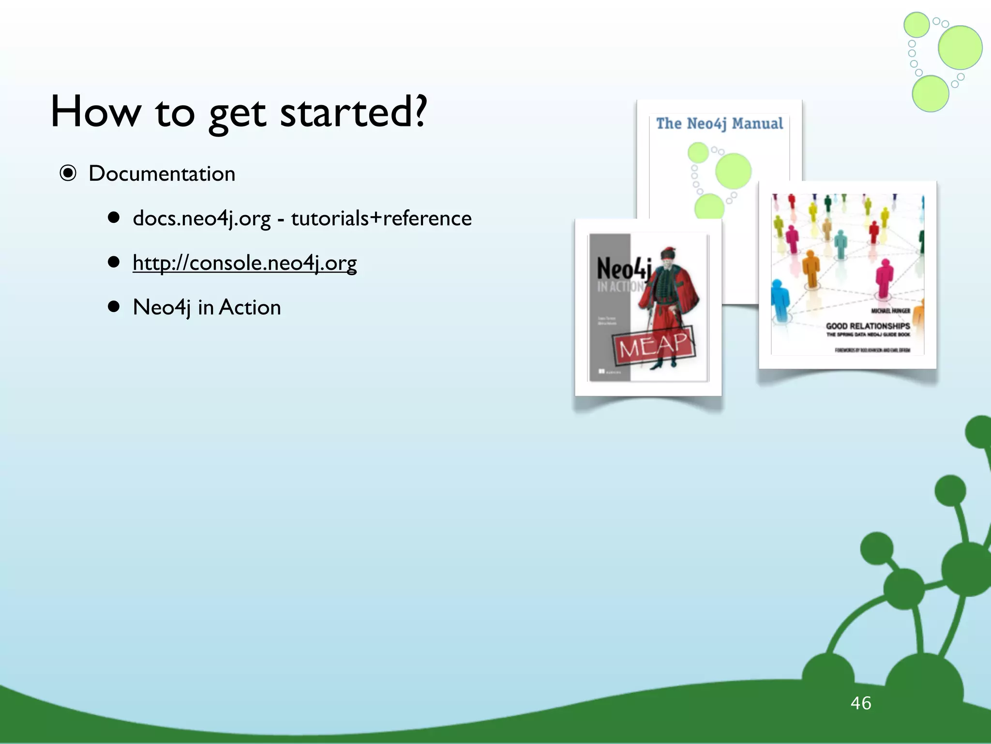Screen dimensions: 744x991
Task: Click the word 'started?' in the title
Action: pyautogui.click(x=354, y=112)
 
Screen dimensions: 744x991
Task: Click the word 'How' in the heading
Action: pyautogui.click(x=95, y=112)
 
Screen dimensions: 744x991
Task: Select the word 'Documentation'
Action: pyautogui.click(x=162, y=174)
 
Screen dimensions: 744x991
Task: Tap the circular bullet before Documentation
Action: pyautogui.click(x=68, y=173)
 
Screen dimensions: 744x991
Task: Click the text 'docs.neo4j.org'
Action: pyautogui.click(x=201, y=218)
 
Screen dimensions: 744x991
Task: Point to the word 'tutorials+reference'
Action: pyautogui.click(x=381, y=218)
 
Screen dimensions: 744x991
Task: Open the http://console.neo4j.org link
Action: pyautogui.click(x=244, y=263)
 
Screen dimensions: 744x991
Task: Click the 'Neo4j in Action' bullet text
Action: pyautogui.click(x=207, y=308)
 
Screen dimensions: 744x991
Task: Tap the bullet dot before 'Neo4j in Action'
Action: pyautogui.click(x=114, y=307)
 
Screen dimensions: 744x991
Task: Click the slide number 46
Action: pyautogui.click(x=860, y=703)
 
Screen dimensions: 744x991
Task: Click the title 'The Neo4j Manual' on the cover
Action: pyautogui.click(x=719, y=124)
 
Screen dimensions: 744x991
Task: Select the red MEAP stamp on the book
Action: pyautogui.click(x=653, y=345)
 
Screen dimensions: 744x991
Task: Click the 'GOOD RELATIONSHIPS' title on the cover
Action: pyautogui.click(x=868, y=326)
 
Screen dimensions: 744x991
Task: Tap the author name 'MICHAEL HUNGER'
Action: pyautogui.click(x=890, y=311)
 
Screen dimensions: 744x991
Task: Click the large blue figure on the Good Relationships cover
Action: pyautogui.click(x=780, y=300)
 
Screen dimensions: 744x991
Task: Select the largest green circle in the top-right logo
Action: pyautogui.click(x=960, y=47)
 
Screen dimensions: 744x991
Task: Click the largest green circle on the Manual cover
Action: pyautogui.click(x=733, y=171)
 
